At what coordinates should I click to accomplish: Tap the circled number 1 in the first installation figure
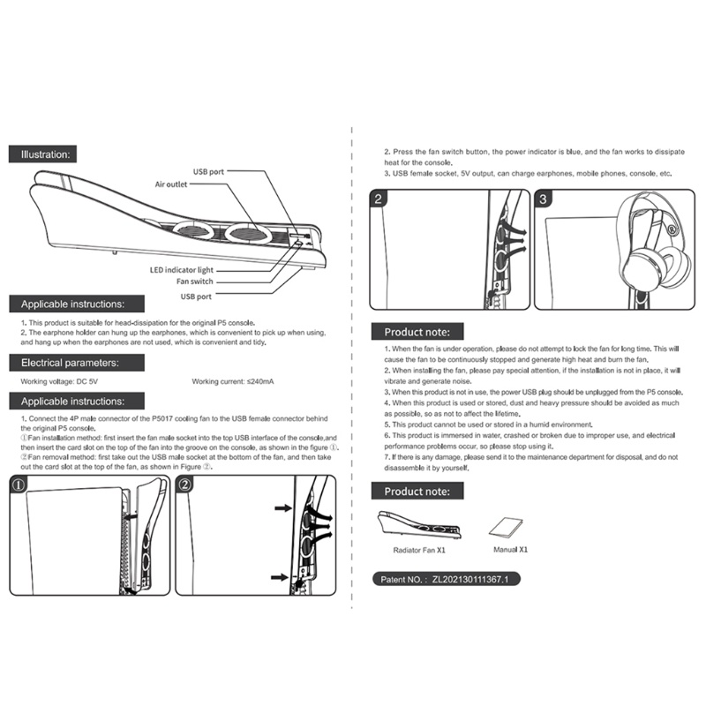tap(19, 484)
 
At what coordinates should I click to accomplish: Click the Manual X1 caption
tap(510, 549)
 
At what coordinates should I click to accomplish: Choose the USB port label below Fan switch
tap(197, 296)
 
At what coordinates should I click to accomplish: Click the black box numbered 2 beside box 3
tap(378, 199)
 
